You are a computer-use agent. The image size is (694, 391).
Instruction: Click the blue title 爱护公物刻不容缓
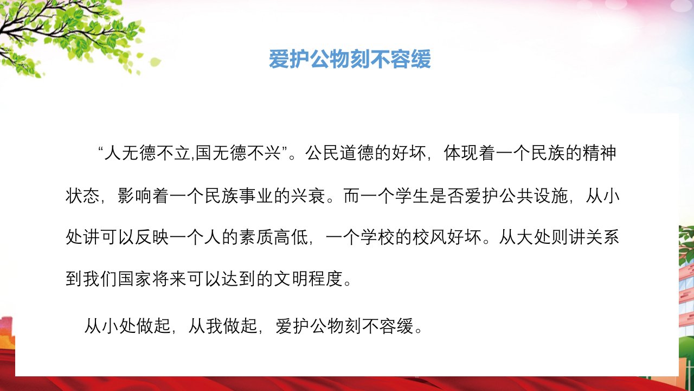350,59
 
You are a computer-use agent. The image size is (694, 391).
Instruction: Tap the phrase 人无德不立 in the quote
147,153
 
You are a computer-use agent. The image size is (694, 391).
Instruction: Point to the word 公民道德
339,153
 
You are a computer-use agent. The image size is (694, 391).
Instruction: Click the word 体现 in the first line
461,153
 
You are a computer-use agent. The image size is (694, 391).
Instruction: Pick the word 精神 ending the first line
599,153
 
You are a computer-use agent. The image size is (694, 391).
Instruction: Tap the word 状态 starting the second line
82,196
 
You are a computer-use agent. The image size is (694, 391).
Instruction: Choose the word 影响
135,196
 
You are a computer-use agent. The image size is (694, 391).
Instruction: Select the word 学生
412,196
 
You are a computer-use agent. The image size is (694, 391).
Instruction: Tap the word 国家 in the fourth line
135,279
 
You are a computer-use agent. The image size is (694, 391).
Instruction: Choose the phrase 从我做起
222,326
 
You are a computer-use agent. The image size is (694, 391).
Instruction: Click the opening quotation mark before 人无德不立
100,149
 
